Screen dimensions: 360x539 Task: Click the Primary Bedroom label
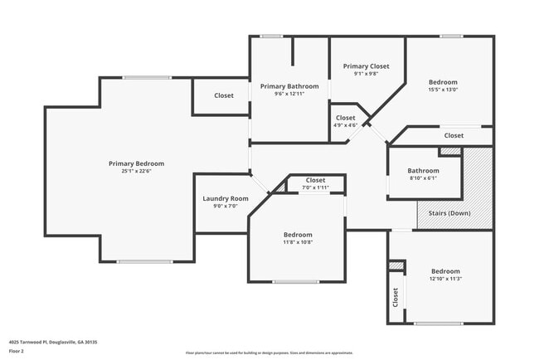(x=137, y=163)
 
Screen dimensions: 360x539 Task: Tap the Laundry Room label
(x=226, y=199)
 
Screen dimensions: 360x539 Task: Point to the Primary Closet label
(x=366, y=66)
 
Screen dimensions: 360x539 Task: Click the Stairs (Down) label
(x=449, y=213)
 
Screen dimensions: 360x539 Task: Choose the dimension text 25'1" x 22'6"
(x=137, y=171)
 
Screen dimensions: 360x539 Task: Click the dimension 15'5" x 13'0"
(x=443, y=90)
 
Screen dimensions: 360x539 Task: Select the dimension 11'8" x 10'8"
(x=298, y=242)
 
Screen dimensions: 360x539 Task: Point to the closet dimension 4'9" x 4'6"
(x=345, y=125)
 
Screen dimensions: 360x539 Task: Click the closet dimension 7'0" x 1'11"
(x=315, y=187)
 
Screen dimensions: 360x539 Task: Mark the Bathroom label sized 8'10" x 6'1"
(x=423, y=171)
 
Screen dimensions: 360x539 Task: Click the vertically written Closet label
(x=396, y=297)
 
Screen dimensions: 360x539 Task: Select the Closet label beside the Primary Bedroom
(x=223, y=95)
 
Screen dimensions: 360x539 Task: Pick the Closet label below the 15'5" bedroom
(x=454, y=135)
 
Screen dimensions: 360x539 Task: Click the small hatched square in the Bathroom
(x=449, y=150)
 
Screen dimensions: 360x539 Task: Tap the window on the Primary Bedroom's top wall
(x=148, y=78)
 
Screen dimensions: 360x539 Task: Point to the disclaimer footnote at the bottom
(x=269, y=353)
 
